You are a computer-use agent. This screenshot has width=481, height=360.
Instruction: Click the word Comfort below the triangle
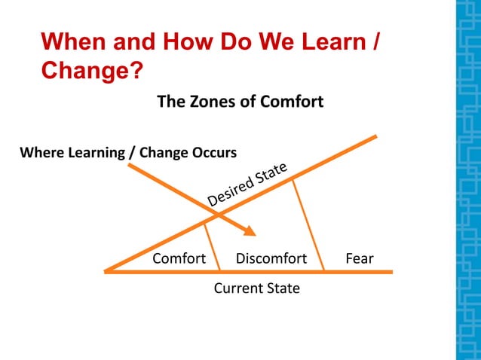[x=179, y=258]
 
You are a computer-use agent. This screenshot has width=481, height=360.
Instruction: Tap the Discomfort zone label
[x=271, y=258]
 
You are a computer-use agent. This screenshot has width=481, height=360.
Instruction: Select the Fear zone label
[x=359, y=258]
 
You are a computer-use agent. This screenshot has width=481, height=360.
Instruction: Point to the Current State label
[x=256, y=288]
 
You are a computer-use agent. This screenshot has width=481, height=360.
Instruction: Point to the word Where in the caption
[x=40, y=152]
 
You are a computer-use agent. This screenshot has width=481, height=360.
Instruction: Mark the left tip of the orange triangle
[x=106, y=270]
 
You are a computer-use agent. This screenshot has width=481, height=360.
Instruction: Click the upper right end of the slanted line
[x=375, y=137]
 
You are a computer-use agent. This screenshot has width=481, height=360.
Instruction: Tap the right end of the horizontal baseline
[x=391, y=271]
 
